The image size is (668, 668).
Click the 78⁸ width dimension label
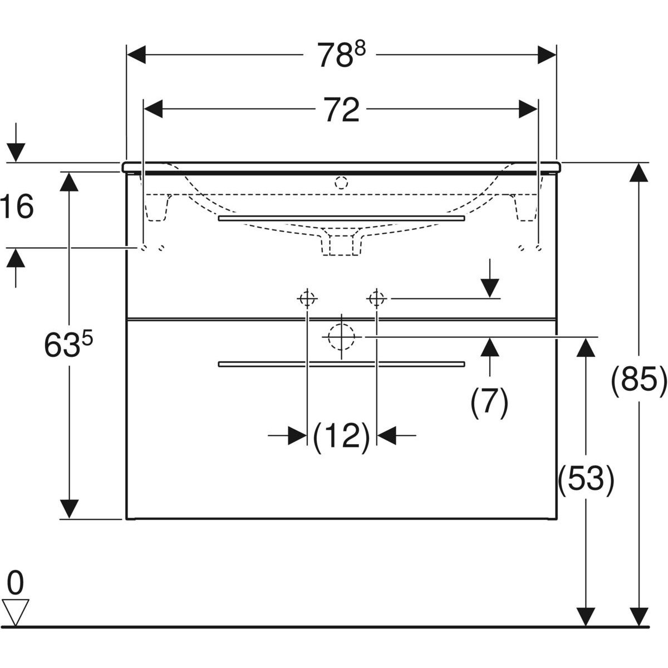pos(341,55)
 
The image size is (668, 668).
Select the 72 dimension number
pos(341,110)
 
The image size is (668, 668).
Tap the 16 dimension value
pos(17,207)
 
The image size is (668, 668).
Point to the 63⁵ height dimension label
pos(68,345)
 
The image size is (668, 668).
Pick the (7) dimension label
pos(489,403)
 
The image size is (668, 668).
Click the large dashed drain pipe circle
pos(341,337)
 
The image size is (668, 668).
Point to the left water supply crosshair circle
pos(307,298)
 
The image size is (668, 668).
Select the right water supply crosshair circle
pos(377,298)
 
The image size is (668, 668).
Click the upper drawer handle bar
pos(341,218)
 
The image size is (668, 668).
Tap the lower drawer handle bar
pos(341,364)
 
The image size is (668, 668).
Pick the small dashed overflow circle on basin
pos(341,183)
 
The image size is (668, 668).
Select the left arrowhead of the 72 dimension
pos(153,109)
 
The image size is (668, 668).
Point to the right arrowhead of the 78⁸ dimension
pos(547,55)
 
